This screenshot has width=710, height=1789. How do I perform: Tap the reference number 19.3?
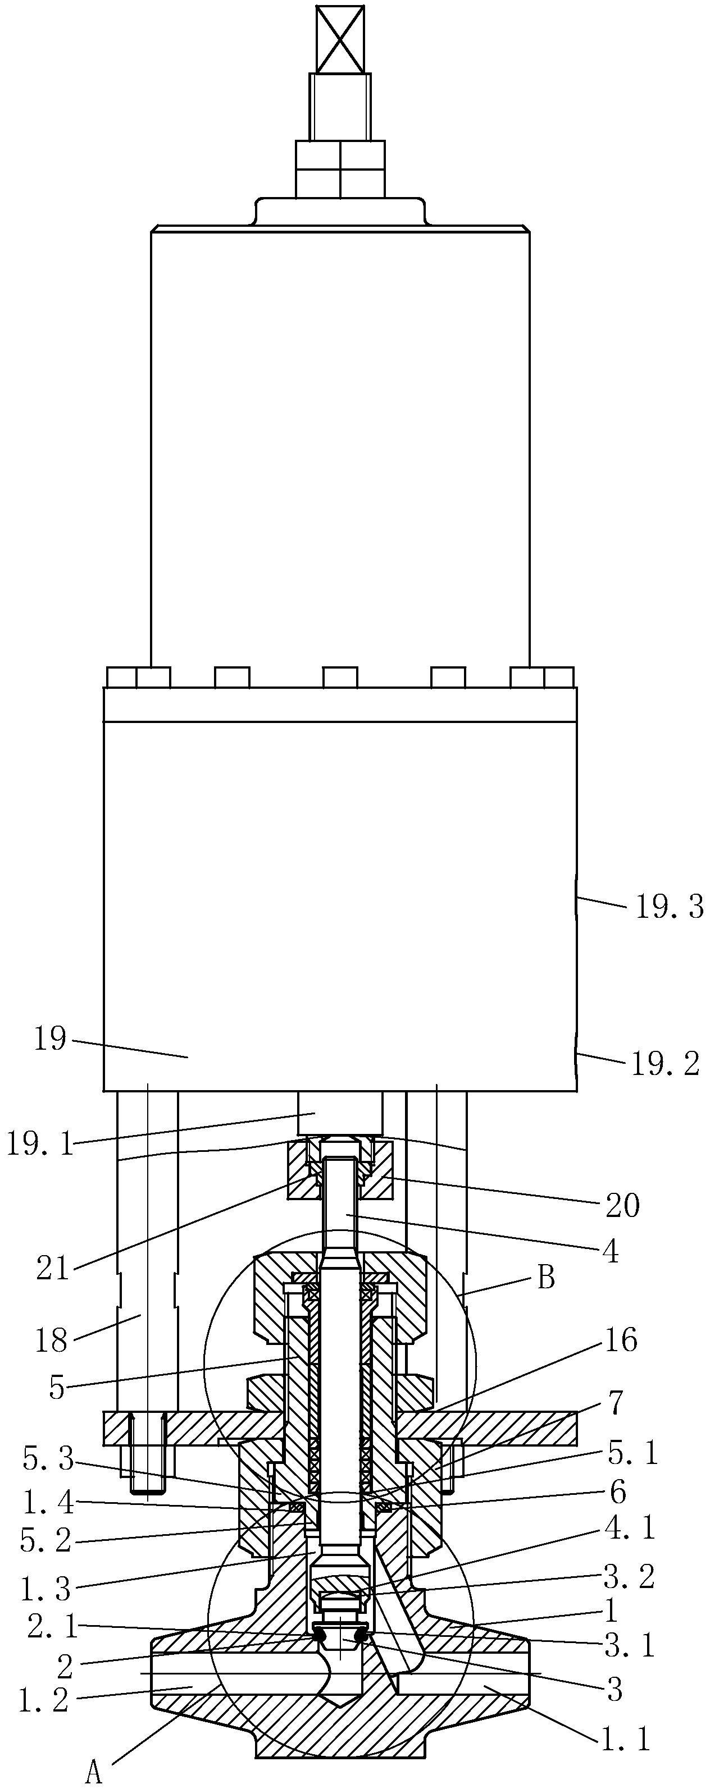pyautogui.click(x=668, y=908)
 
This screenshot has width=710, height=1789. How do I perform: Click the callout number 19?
pyautogui.click(x=50, y=1040)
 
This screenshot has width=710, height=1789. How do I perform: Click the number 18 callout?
pyautogui.click(x=52, y=1341)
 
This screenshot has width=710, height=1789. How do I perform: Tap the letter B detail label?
pyautogui.click(x=547, y=1278)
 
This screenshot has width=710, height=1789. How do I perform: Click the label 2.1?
pyautogui.click(x=53, y=1626)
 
